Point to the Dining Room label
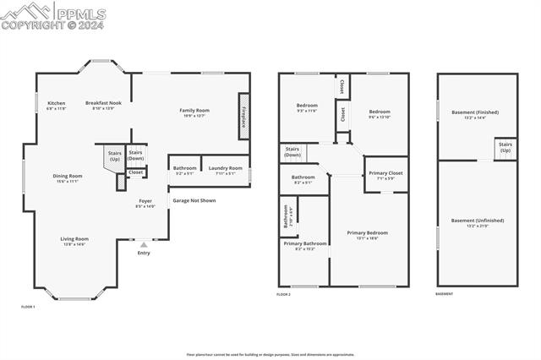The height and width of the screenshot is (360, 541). pyautogui.click(x=67, y=178)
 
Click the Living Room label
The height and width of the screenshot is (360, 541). pyautogui.click(x=74, y=241)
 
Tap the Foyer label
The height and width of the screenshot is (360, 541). pyautogui.click(x=145, y=203)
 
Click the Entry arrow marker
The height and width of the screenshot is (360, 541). pyautogui.click(x=144, y=245)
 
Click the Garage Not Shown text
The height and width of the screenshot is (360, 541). pyautogui.click(x=194, y=200)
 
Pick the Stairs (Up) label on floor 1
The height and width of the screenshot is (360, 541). pyautogui.click(x=115, y=156)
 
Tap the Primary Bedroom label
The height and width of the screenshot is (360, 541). pyautogui.click(x=367, y=234)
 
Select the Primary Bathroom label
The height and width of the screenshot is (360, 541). pyautogui.click(x=304, y=246)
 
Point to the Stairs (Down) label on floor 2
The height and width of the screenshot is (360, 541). pyautogui.click(x=292, y=153)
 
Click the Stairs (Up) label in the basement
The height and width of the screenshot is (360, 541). pyautogui.click(x=505, y=147)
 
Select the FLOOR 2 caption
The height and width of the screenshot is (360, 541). pyautogui.click(x=283, y=294)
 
